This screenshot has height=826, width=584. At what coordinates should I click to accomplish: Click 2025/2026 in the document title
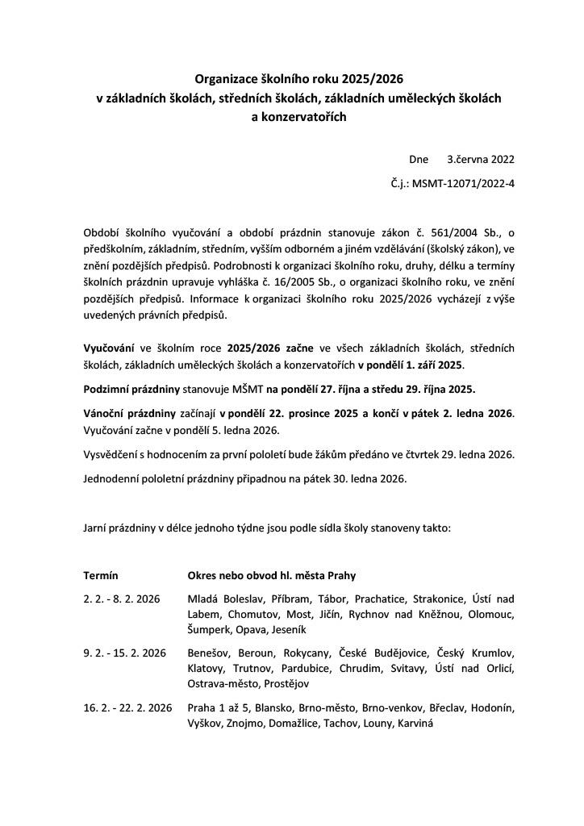click(x=371, y=79)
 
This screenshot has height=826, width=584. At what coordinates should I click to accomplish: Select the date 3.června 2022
click(x=481, y=160)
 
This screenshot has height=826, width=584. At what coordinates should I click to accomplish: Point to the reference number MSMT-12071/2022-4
click(x=463, y=183)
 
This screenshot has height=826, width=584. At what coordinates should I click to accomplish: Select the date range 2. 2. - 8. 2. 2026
click(x=122, y=599)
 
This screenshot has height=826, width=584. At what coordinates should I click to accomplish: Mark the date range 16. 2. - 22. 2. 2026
click(x=127, y=708)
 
